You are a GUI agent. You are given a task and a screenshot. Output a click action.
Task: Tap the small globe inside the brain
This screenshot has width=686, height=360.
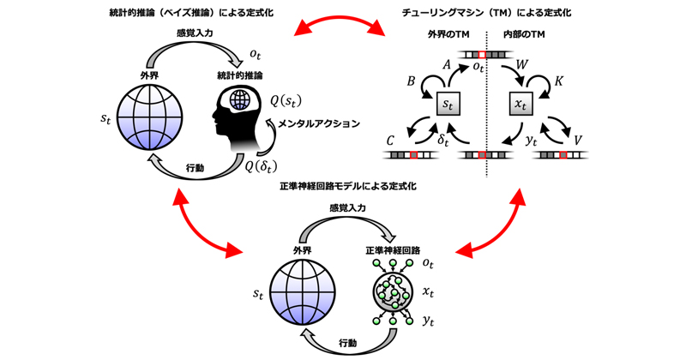click(x=240, y=99)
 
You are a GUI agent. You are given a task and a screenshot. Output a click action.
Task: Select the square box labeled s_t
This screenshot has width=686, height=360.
click(x=448, y=104)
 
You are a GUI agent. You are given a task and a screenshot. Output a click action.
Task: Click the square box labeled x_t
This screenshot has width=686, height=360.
click(x=521, y=104)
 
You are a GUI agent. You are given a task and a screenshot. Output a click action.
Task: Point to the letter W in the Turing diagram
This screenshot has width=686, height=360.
click(x=521, y=65)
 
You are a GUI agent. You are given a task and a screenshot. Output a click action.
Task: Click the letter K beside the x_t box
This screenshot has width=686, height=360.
click(x=558, y=81)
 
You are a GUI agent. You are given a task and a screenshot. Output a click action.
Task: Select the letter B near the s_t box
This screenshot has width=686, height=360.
click(x=411, y=81)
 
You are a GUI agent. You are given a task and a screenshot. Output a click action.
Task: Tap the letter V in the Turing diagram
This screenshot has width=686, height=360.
click(x=577, y=140)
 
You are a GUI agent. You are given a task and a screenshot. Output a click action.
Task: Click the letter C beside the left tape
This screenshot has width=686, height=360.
click(x=390, y=141)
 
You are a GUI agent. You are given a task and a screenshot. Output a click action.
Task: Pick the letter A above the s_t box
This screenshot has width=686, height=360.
click(x=446, y=65)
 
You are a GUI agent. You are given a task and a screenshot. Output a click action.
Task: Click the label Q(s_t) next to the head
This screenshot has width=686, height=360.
click(x=286, y=101)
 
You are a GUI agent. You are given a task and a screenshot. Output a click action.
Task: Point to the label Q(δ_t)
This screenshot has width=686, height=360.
click(x=261, y=166)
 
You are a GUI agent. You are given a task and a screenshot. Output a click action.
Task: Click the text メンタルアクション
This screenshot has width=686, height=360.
click(x=319, y=123)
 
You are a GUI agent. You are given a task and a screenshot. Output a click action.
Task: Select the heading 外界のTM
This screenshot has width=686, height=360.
click(x=448, y=34)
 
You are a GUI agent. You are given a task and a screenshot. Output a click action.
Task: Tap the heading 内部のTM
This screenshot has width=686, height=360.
click(x=524, y=34)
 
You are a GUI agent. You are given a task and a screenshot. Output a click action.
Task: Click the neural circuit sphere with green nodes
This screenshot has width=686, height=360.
click(x=393, y=291)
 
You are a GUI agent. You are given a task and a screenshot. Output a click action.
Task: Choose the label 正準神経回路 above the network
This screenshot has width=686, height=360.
click(x=393, y=250)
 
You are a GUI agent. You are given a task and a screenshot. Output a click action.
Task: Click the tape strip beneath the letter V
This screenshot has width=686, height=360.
click(x=560, y=155)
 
